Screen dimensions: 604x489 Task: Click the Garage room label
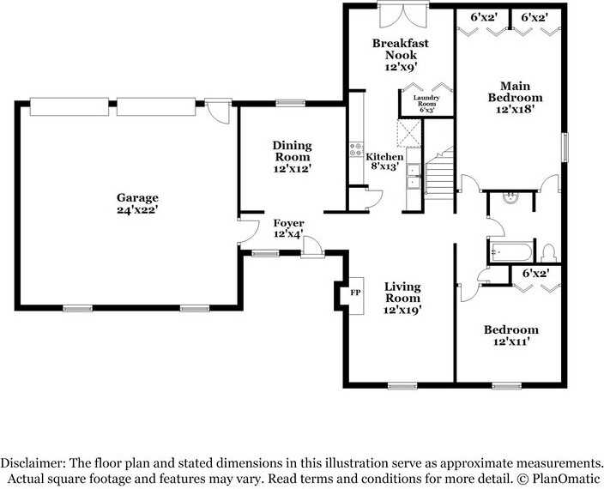click(x=137, y=198)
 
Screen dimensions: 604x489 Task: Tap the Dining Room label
click(x=292, y=151)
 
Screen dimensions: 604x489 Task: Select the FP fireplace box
click(x=356, y=296)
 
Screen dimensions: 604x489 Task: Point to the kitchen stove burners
click(x=356, y=149)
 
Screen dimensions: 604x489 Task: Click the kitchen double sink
click(x=414, y=177)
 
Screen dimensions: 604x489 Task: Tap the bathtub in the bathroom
click(x=510, y=252)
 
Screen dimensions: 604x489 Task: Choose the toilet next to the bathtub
click(x=548, y=252)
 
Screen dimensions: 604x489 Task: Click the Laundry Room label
click(x=426, y=101)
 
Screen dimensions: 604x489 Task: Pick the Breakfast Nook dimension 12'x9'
click(x=401, y=67)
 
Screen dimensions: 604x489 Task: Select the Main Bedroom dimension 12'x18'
click(x=515, y=109)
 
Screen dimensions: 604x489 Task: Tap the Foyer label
click(x=288, y=223)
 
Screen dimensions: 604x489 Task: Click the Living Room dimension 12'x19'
click(x=402, y=310)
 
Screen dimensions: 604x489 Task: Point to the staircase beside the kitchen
click(x=439, y=173)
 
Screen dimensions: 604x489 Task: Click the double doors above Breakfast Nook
click(x=403, y=15)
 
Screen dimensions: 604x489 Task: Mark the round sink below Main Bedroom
click(x=510, y=196)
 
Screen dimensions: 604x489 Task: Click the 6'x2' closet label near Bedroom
click(x=535, y=274)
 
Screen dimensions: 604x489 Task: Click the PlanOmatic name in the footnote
click(x=566, y=479)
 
